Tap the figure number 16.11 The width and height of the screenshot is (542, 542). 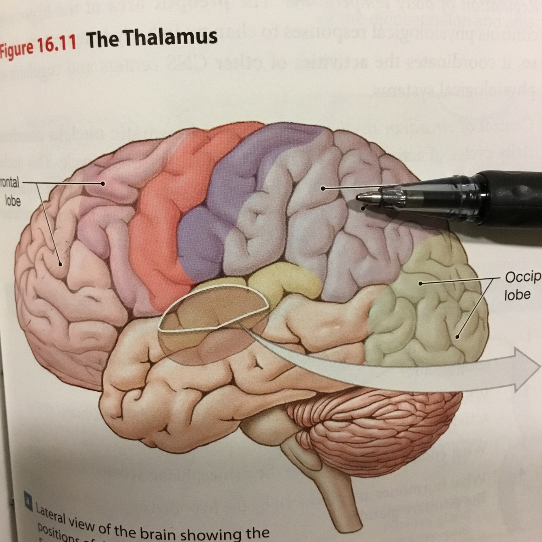pyautogui.click(x=57, y=44)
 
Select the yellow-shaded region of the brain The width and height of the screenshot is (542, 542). pyautogui.click(x=284, y=280)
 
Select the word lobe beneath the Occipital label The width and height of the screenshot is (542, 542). pyautogui.click(x=517, y=295)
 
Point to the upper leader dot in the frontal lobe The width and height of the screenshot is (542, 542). pyautogui.click(x=103, y=184)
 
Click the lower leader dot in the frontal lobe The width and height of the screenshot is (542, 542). pyautogui.click(x=61, y=264)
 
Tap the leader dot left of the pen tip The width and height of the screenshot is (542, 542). pyautogui.click(x=323, y=188)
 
